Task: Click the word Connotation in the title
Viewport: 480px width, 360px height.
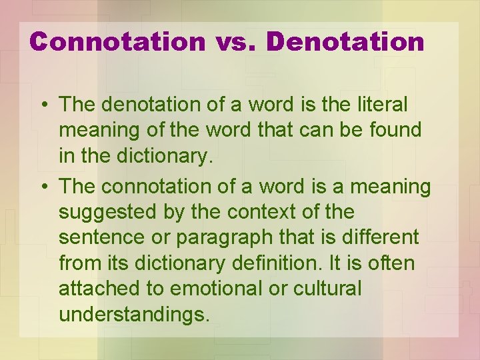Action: [x=118, y=41]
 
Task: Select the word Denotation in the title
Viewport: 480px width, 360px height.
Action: [x=345, y=41]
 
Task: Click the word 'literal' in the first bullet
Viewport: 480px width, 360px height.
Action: [x=385, y=105]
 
